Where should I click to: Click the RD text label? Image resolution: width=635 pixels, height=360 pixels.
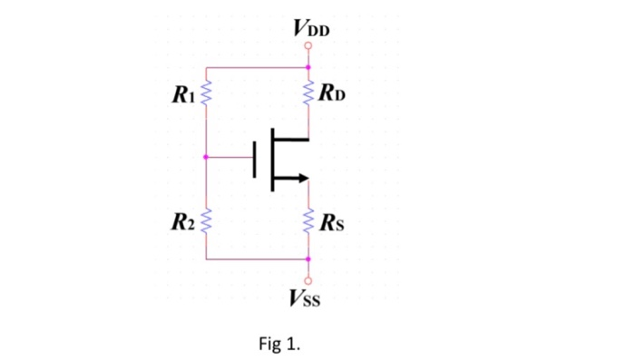coord(330,92)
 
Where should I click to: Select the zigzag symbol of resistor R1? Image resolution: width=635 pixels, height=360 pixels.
coord(207,92)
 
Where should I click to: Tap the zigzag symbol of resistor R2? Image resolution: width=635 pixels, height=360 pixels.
coord(207,219)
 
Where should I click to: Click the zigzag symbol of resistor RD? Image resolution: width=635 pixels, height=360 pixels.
coord(308,92)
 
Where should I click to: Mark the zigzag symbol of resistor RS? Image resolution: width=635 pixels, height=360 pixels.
coord(308,219)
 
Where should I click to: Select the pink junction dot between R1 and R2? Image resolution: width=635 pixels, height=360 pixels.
coord(207,157)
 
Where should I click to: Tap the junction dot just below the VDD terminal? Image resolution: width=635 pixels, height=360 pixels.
coord(308,67)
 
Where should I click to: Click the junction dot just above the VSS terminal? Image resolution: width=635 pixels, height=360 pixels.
coord(308,259)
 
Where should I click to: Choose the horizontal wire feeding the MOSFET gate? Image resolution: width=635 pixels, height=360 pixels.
coord(231,157)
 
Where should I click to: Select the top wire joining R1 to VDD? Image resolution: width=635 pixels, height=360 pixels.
coord(258,67)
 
